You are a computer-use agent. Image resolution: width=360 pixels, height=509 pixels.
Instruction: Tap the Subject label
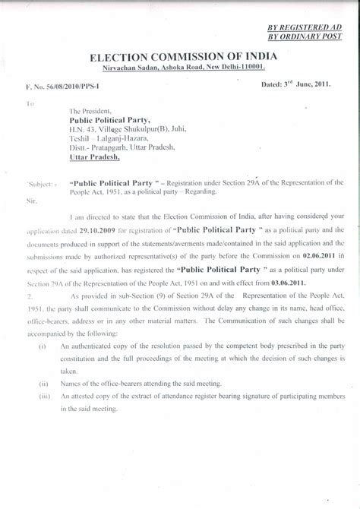tap(40, 183)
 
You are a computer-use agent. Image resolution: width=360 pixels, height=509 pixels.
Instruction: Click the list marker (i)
tap(41, 345)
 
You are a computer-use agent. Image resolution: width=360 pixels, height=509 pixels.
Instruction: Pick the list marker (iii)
tap(43, 396)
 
